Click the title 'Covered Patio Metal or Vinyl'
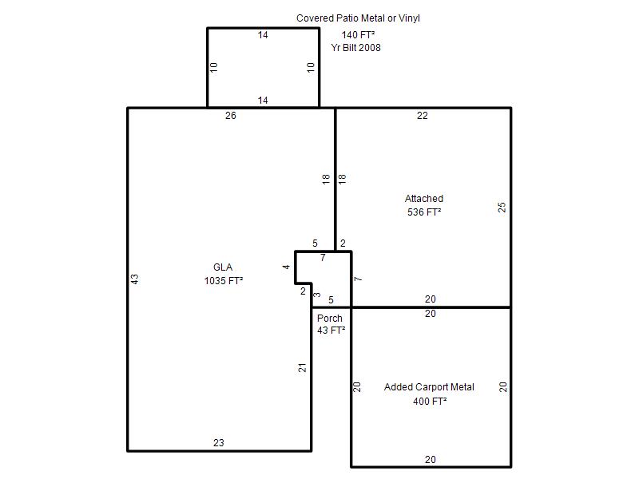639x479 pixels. point(358,18)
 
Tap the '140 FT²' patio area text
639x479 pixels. point(358,35)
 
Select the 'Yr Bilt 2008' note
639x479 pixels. point(355,48)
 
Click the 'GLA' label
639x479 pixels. point(223,267)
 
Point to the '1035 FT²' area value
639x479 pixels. point(224,281)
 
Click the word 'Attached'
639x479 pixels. point(424,198)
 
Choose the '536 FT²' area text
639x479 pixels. point(424,212)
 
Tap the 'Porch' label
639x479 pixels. point(330,318)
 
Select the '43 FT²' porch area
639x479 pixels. point(331,331)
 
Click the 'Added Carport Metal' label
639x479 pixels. point(429,387)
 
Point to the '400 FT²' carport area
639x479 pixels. point(430,402)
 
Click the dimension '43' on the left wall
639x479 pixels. point(135,279)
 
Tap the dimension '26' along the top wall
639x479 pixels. point(231,116)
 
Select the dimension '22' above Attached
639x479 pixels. point(423,116)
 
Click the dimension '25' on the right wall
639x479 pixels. point(502,208)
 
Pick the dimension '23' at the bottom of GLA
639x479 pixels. point(218,443)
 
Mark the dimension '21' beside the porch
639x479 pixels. point(302,368)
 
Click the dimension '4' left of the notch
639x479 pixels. point(286,267)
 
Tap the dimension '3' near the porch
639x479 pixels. point(317,295)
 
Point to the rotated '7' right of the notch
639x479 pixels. point(358,279)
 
